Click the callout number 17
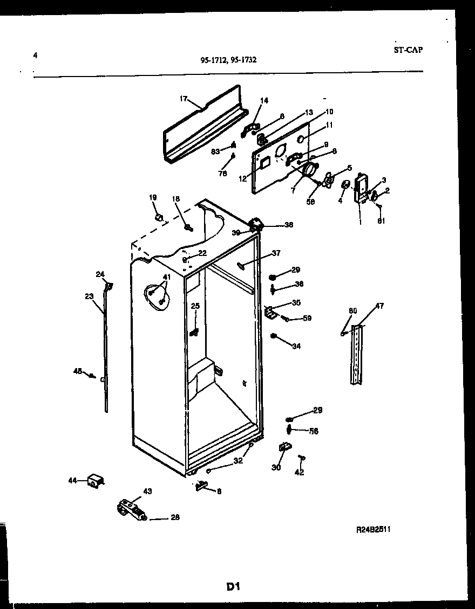pyautogui.click(x=183, y=99)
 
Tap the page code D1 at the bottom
pyautogui.click(x=233, y=587)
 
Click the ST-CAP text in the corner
pyautogui.click(x=409, y=50)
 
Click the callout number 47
pyautogui.click(x=379, y=306)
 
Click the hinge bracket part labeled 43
pyautogui.click(x=131, y=509)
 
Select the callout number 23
pyautogui.click(x=89, y=295)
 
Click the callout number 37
pyautogui.click(x=276, y=253)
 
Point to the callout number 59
pyautogui.click(x=307, y=319)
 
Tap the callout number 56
pyautogui.click(x=314, y=431)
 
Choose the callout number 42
pyautogui.click(x=300, y=473)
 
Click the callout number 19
pyautogui.click(x=153, y=198)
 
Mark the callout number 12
pyautogui.click(x=243, y=178)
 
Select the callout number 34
pyautogui.click(x=296, y=346)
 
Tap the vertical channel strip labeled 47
pyautogui.click(x=357, y=355)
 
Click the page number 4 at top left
pyautogui.click(x=35, y=54)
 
